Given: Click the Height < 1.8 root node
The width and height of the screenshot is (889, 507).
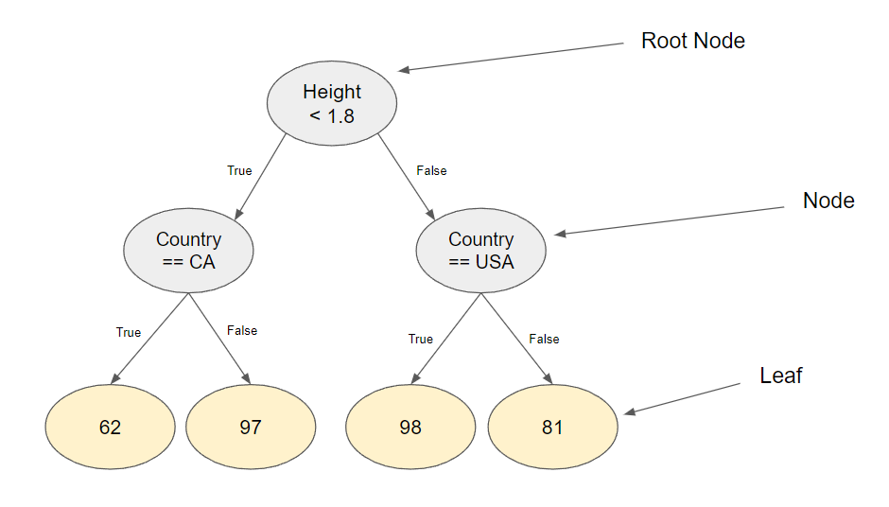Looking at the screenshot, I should pos(332,104).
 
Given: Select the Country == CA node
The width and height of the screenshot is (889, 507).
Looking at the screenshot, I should pos(189,251).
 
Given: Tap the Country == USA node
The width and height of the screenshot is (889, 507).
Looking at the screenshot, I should pos(481,251).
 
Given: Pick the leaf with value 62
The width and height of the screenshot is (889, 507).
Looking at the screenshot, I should pos(111,427).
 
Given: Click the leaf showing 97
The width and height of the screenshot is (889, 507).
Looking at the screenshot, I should pos(251,427).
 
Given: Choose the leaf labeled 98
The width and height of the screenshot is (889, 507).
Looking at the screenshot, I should pos(410,427).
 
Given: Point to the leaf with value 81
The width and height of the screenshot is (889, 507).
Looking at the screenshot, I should pos(552,427).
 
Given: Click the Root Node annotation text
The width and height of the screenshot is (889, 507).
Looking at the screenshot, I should pos(693,41).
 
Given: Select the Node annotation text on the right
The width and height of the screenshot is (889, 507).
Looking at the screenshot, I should pos(828,201).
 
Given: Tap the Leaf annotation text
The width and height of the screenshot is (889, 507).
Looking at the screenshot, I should pos(781,376).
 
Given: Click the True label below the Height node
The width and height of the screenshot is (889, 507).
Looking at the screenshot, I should pos(239,171).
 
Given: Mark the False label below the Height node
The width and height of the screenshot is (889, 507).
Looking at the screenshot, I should pos(431,171).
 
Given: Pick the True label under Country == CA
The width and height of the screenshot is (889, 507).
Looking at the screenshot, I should pos(129,332).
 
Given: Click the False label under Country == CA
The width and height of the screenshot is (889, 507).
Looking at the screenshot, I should pos(242,331).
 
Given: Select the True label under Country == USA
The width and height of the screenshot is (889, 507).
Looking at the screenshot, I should pos(421,339).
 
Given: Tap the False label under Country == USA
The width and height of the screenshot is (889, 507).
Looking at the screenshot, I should pos(544,339).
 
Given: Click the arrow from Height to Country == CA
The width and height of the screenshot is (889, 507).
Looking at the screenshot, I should pos(261,176).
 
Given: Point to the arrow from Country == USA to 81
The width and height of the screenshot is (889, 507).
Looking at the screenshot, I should pos(516,339).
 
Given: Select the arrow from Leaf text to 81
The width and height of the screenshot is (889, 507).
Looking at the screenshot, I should pos(681,397).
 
